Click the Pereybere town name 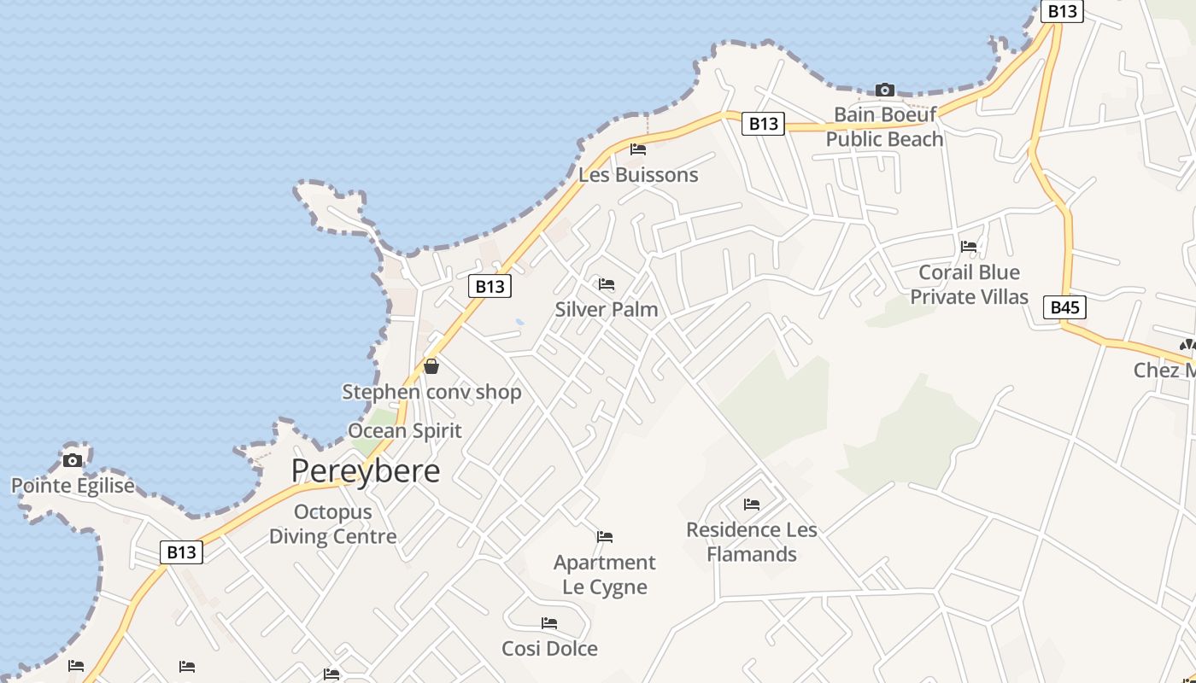[366, 470]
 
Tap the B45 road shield [1064, 307]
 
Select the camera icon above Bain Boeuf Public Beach [885, 90]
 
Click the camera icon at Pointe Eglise [73, 461]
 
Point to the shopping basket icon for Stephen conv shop [431, 366]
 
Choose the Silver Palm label [607, 309]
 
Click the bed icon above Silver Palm [607, 283]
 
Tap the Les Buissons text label [638, 175]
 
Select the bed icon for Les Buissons [638, 149]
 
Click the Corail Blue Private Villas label [969, 284]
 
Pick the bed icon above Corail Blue [969, 247]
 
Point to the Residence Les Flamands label [752, 542]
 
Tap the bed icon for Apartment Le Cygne [605, 537]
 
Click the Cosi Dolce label [549, 649]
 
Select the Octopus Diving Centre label [332, 524]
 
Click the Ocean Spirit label [404, 431]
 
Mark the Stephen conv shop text [431, 392]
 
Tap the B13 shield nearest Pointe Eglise [181, 552]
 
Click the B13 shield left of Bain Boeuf [763, 124]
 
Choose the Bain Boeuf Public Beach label [885, 126]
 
